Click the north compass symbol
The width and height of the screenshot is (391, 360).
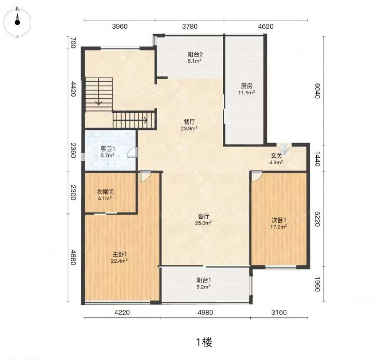(x=17, y=22)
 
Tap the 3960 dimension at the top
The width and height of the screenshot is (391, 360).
(x=120, y=27)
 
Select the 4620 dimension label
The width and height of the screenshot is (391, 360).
(x=266, y=27)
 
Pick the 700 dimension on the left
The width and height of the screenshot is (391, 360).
(x=73, y=43)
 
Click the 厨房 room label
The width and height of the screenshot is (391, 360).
(x=247, y=86)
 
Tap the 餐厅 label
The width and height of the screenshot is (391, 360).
(x=189, y=122)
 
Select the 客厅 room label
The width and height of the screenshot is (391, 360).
(x=203, y=216)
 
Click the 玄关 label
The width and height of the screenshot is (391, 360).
(x=276, y=156)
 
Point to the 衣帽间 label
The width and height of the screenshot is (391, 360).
(x=105, y=192)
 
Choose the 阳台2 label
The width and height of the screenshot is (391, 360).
(x=195, y=54)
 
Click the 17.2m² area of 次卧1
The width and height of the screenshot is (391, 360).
(x=278, y=227)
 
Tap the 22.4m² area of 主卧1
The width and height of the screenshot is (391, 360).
(x=120, y=261)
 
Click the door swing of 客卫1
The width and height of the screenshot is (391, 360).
(x=133, y=153)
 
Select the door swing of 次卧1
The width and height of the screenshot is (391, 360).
(x=257, y=176)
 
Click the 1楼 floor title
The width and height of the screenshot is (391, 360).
(x=204, y=342)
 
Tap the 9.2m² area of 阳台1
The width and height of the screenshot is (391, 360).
(x=203, y=287)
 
